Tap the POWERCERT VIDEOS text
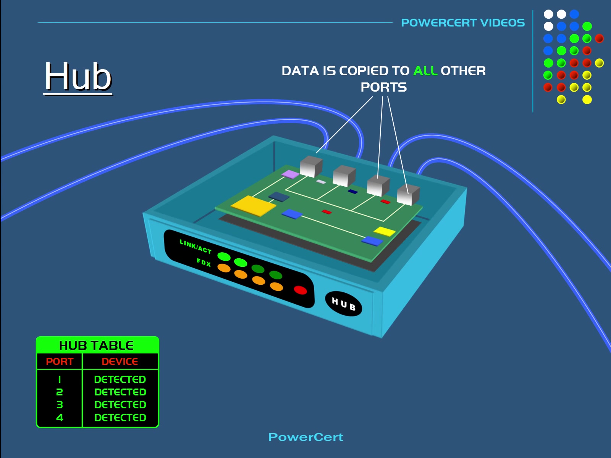[463, 23]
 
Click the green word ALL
[425, 71]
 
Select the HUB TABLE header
[96, 345]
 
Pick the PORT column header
[60, 361]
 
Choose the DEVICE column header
[120, 361]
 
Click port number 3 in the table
[60, 405]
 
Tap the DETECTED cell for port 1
[120, 379]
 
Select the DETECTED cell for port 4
[120, 418]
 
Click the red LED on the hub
[301, 290]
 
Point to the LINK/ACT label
[195, 247]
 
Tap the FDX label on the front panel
[204, 262]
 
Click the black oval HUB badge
[343, 304]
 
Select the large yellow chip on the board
[253, 206]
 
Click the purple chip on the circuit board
[290, 174]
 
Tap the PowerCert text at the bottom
[305, 437]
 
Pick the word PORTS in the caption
[383, 87]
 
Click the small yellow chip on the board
[384, 231]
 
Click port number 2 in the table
[60, 392]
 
